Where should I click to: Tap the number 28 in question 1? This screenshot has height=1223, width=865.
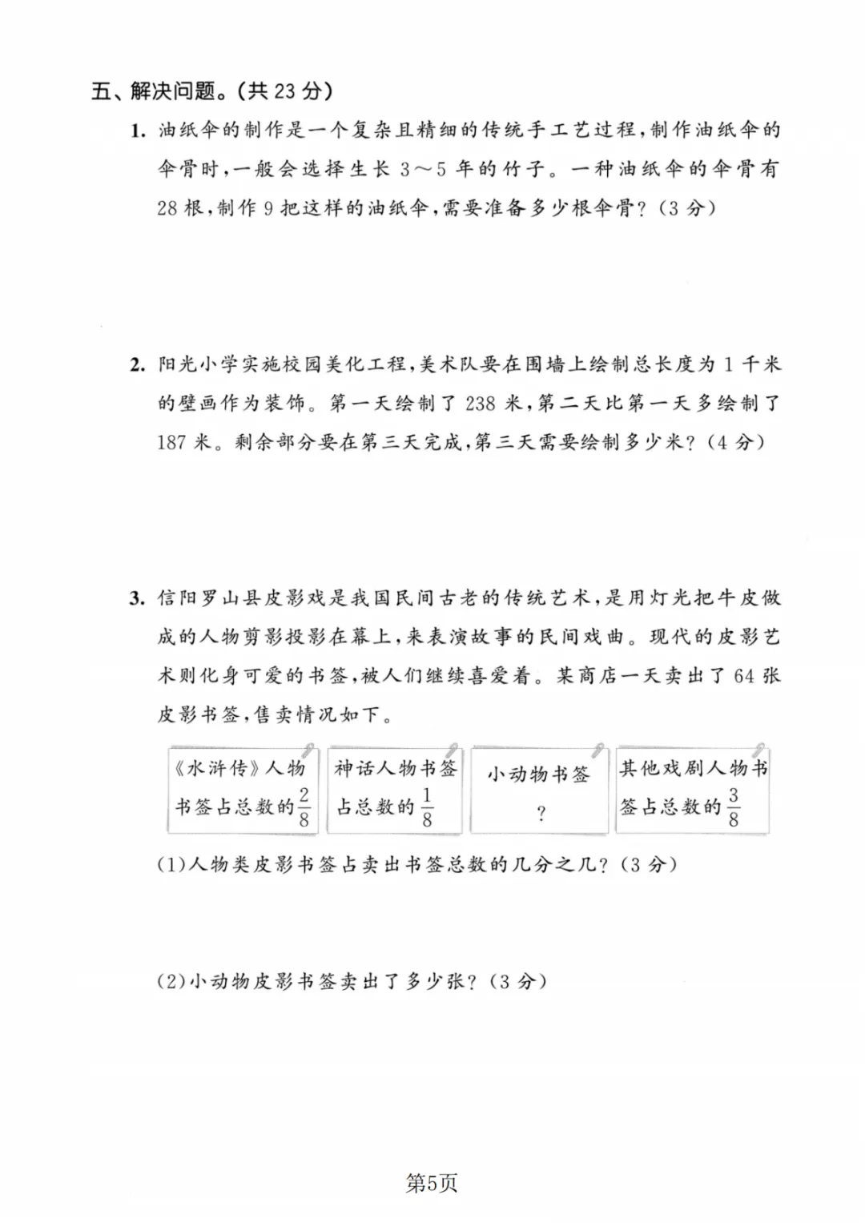pyautogui.click(x=167, y=207)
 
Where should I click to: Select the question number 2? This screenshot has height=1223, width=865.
pyautogui.click(x=138, y=364)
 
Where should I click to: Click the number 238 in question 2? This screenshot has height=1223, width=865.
pyautogui.click(x=480, y=403)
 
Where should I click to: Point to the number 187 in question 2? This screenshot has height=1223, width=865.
pyautogui.click(x=172, y=442)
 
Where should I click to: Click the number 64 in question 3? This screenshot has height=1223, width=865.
pyautogui.click(x=743, y=676)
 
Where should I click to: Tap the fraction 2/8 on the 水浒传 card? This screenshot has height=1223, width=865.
pyautogui.click(x=304, y=807)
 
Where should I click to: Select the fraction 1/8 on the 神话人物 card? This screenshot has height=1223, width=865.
pyautogui.click(x=427, y=807)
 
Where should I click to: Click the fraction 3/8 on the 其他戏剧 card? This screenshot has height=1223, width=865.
pyautogui.click(x=733, y=807)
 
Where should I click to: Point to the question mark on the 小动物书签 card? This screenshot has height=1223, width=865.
pyautogui.click(x=541, y=815)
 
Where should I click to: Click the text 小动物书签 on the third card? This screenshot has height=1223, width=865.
pyautogui.click(x=538, y=774)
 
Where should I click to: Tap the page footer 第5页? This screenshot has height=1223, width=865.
pyautogui.click(x=432, y=1183)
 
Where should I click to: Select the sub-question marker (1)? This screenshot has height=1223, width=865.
pyautogui.click(x=171, y=865)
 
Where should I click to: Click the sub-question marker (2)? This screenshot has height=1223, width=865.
pyautogui.click(x=171, y=982)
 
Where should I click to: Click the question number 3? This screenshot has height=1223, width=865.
pyautogui.click(x=138, y=598)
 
